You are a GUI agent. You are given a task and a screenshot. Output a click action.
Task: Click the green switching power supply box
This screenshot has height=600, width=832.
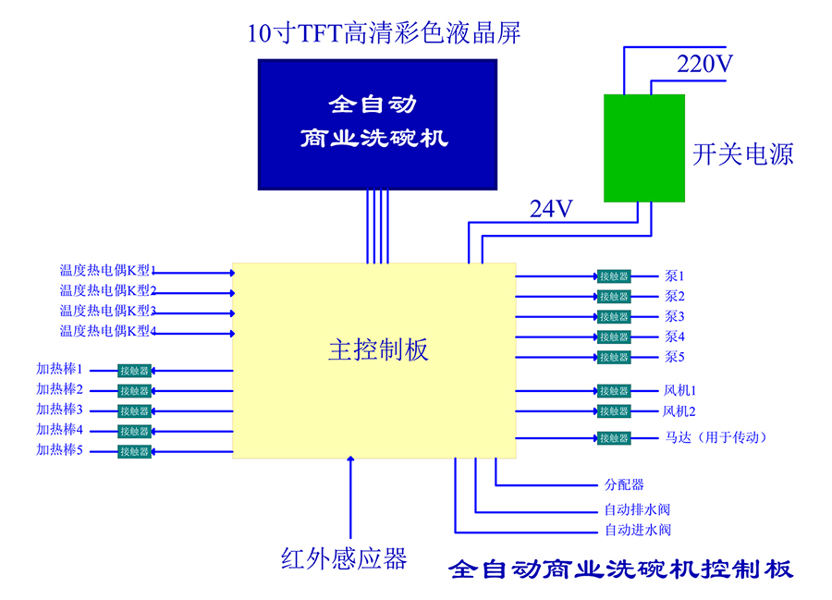tap(644, 147)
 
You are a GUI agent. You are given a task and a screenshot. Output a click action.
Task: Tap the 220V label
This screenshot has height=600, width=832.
tap(704, 65)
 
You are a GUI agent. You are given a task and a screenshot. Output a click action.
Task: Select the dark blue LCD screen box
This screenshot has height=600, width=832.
tap(376, 124)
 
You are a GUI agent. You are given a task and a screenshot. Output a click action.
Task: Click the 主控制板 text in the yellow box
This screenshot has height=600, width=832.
tap(378, 350)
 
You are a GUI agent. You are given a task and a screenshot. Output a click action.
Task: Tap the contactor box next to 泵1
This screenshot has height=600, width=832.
tap(614, 276)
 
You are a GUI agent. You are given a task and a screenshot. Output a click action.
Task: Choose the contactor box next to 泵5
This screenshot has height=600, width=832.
tap(614, 357)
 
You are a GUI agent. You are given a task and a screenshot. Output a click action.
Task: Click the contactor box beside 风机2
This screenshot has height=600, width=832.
tap(614, 411)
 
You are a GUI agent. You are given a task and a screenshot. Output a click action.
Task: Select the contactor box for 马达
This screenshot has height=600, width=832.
tap(614, 437)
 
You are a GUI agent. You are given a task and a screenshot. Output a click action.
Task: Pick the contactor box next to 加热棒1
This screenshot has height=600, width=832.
tap(134, 371)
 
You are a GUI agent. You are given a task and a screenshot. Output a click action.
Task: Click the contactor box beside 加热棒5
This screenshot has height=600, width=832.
tap(134, 452)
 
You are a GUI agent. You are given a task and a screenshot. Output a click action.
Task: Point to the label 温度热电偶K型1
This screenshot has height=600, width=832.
tap(107, 271)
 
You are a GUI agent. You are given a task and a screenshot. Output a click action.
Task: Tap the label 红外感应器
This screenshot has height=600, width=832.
tap(344, 558)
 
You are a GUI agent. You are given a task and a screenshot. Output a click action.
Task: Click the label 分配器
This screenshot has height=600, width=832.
tap(624, 484)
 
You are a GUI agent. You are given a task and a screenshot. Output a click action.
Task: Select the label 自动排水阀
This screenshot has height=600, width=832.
tap(637, 508)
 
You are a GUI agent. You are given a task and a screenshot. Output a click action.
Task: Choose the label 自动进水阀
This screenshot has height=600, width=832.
tap(637, 531)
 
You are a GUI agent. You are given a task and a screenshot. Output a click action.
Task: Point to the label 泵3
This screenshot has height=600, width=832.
tap(674, 316)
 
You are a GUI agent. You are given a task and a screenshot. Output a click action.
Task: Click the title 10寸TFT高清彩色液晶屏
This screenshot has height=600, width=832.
tap(384, 35)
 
